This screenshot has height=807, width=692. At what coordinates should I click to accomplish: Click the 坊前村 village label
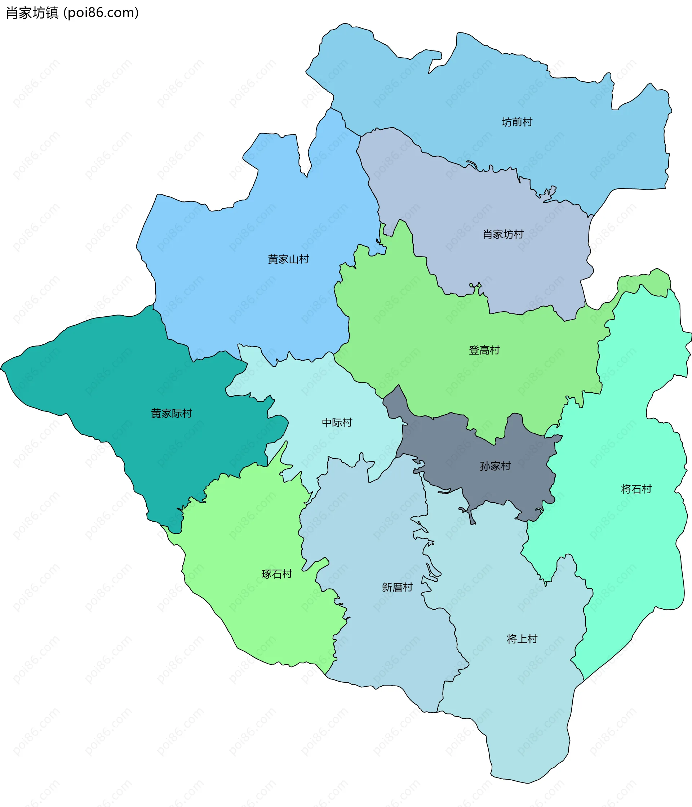(517, 122)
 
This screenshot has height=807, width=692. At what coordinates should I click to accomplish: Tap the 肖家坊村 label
(503, 235)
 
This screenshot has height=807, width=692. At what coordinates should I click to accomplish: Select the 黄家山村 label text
(288, 259)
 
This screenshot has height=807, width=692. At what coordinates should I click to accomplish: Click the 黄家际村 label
(172, 414)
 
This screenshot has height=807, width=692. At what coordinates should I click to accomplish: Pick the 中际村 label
(337, 423)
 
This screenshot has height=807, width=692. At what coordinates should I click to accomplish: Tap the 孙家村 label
(495, 466)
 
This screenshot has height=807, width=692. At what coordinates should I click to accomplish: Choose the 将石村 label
(636, 489)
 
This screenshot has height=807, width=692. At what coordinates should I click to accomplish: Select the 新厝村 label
(397, 587)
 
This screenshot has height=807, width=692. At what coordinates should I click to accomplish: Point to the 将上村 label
(522, 639)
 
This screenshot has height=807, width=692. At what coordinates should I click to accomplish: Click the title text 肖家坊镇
(32, 13)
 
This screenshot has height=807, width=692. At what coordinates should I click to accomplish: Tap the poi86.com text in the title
(101, 13)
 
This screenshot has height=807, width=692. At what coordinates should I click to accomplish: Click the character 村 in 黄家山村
(304, 259)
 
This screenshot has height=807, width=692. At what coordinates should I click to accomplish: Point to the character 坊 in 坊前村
(506, 122)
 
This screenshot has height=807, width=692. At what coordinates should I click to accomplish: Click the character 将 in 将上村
(511, 639)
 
